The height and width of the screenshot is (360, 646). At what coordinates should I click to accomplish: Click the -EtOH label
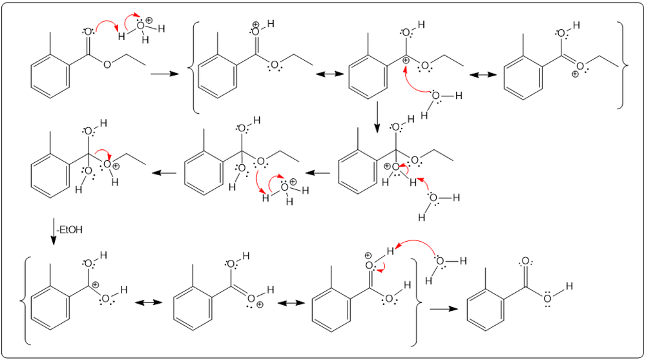pos(69,230)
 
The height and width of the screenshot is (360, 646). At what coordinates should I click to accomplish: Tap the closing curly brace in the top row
pos(621,65)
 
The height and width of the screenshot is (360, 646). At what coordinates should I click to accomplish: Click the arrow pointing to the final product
pos(441,309)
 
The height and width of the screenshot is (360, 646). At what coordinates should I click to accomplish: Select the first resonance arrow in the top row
pos(329,75)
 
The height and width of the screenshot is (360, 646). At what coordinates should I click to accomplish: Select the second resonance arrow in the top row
pos(482,75)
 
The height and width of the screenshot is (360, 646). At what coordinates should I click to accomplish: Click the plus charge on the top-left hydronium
pos(149,21)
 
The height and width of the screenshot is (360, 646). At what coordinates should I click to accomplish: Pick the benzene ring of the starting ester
pos(48,73)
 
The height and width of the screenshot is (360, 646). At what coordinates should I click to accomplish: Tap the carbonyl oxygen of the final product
pos(525,262)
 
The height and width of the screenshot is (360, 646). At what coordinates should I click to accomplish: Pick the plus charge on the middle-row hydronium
pos(293,182)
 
